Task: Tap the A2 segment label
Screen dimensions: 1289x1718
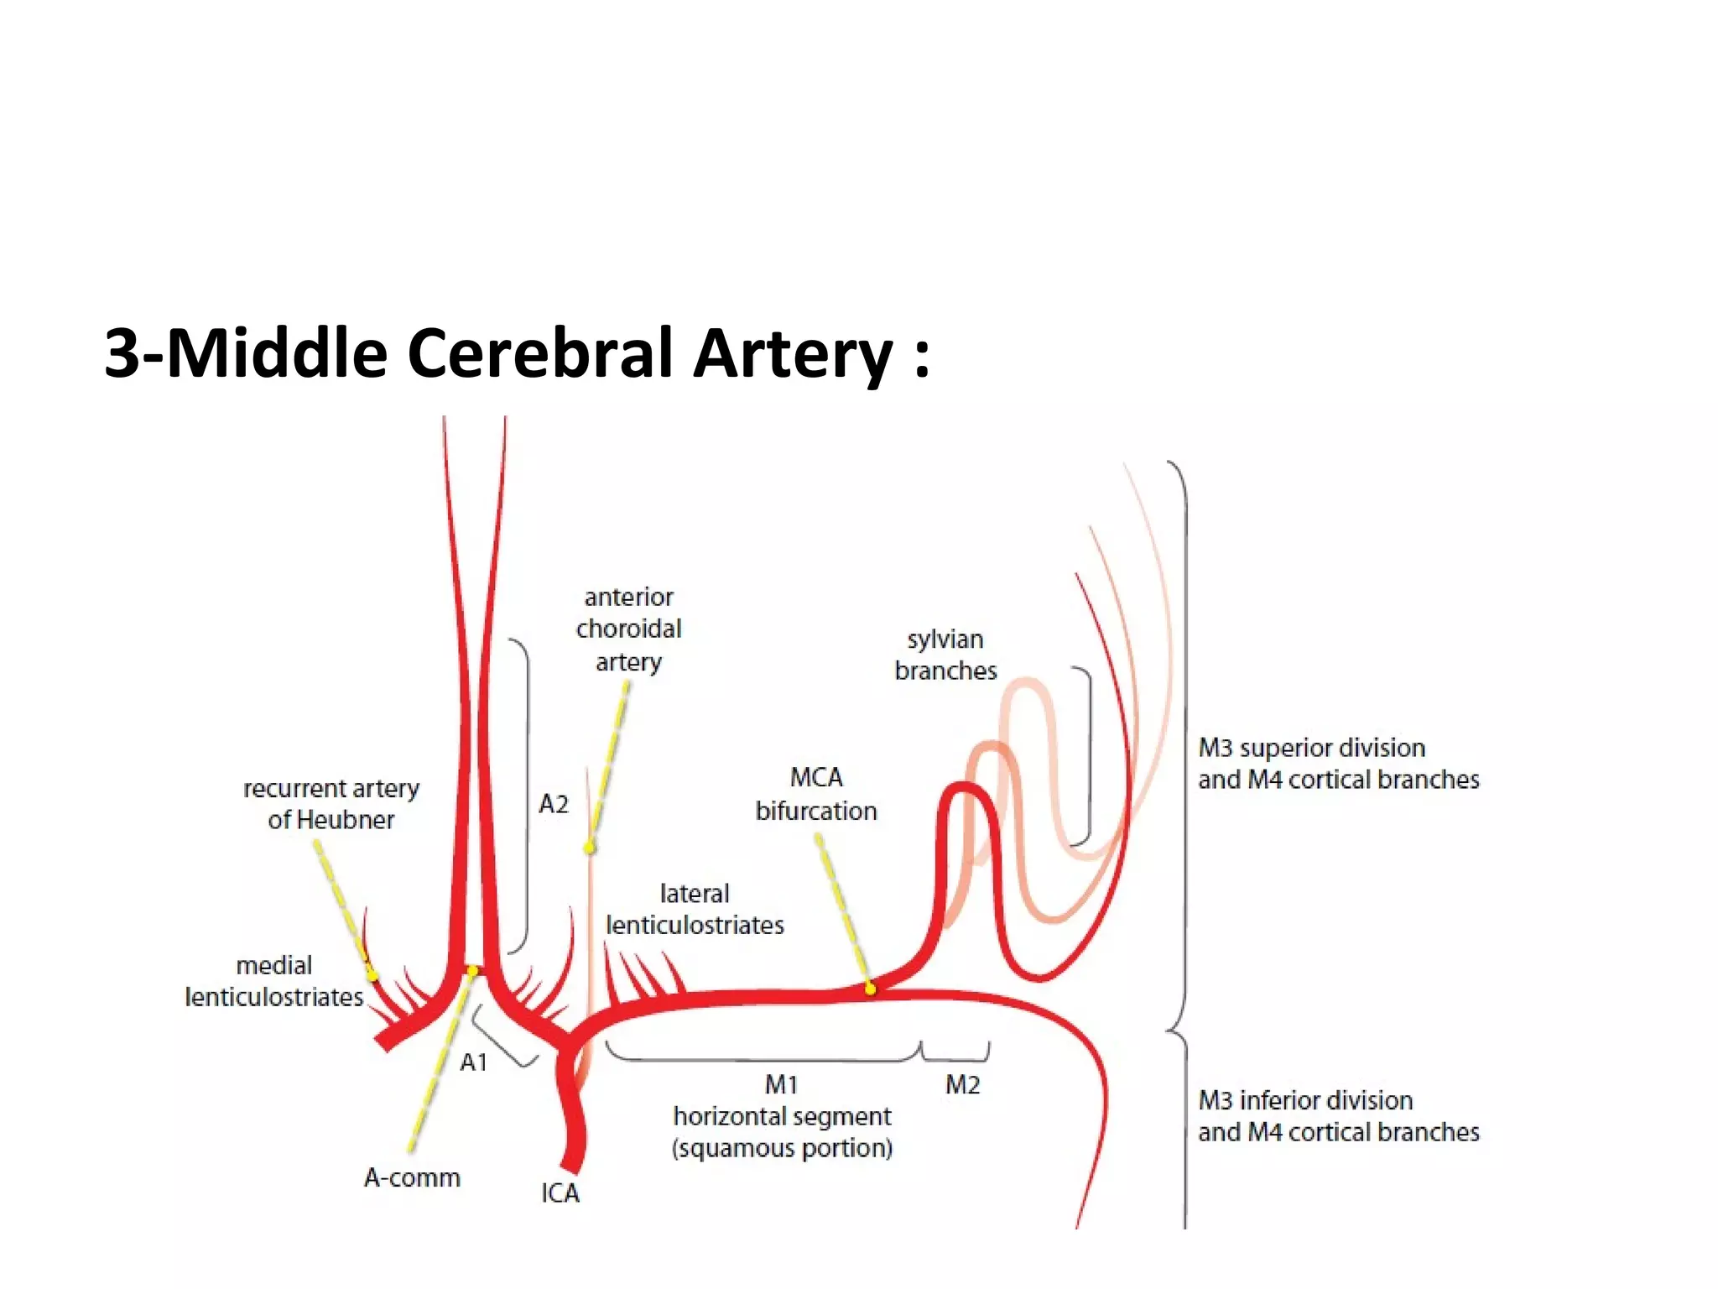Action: coord(554,804)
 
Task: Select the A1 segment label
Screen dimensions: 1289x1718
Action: coord(474,1062)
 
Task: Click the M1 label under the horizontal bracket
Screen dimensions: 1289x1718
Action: coord(781,1085)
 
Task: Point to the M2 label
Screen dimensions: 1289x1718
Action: coord(962,1085)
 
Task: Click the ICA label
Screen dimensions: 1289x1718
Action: coord(560,1192)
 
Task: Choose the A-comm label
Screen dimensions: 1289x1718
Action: coord(412,1177)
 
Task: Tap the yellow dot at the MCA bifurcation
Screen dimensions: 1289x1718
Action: coord(870,989)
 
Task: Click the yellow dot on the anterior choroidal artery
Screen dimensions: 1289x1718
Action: coord(590,848)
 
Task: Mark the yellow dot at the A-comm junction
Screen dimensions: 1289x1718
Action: coord(472,971)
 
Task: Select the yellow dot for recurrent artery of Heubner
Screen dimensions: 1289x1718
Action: coord(372,975)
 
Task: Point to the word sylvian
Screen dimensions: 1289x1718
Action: coord(945,639)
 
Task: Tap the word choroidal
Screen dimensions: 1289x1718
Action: coord(628,629)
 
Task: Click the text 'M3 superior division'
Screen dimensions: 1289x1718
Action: coord(1311,748)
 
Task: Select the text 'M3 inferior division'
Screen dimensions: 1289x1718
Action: coord(1305,1100)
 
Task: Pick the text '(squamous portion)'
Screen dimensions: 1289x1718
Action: coord(782,1148)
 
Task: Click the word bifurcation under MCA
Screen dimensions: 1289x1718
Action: coord(815,811)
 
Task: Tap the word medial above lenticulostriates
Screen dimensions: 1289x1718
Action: coord(273,966)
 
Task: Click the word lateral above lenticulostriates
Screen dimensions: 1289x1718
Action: coord(695,894)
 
